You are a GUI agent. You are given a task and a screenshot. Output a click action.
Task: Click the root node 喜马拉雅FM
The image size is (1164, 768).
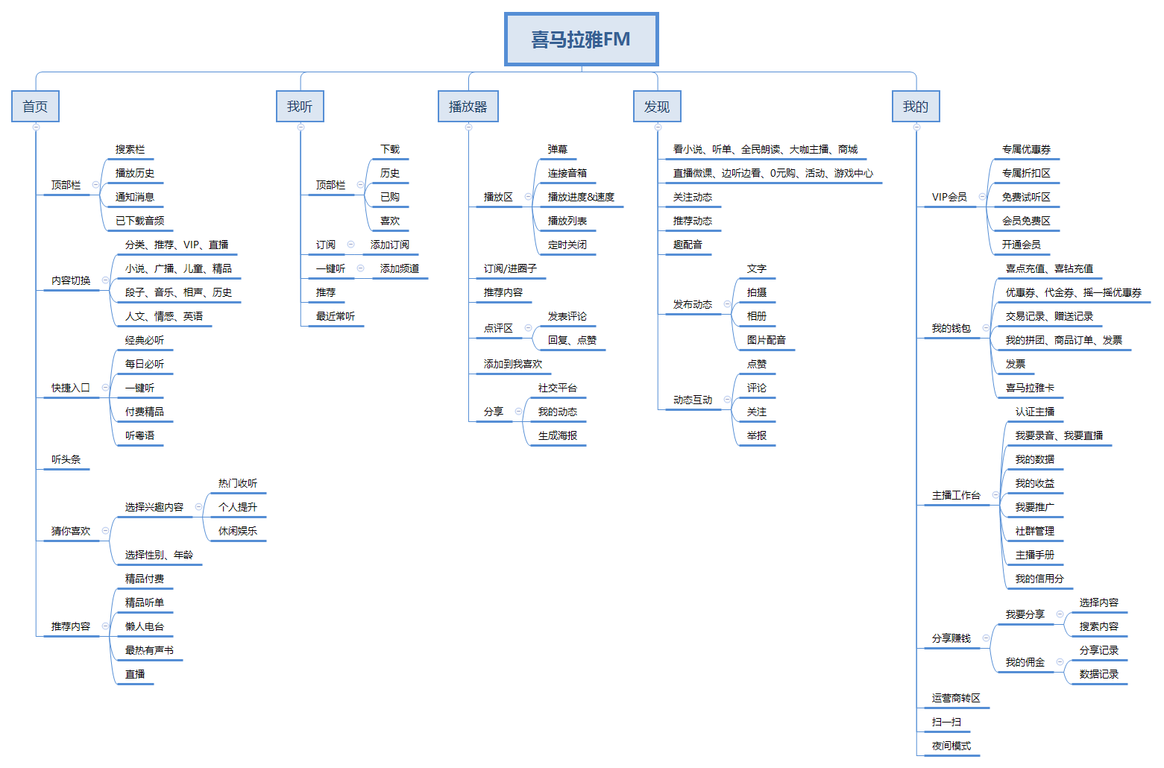point(581,40)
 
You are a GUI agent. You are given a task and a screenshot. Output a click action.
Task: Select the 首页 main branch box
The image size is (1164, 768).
point(35,107)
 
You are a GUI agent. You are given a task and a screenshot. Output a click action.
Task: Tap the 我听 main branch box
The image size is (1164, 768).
point(300,107)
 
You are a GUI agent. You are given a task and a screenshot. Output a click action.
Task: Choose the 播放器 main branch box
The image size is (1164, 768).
point(468,107)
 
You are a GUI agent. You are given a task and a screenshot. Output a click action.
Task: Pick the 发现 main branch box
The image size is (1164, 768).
point(657,107)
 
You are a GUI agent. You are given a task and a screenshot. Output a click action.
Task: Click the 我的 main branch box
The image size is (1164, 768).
point(916,107)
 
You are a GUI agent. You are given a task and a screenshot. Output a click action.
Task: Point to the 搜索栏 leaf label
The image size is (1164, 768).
point(130,150)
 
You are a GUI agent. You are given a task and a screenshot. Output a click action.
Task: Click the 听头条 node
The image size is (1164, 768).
point(66,460)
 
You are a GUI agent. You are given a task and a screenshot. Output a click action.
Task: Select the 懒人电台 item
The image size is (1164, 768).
point(145,627)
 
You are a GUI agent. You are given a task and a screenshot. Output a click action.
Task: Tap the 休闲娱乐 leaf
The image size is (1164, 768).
point(238,532)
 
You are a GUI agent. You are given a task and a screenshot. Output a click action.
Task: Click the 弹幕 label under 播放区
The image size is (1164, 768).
point(558,150)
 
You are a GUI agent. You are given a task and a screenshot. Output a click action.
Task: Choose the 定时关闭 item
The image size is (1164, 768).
point(567,245)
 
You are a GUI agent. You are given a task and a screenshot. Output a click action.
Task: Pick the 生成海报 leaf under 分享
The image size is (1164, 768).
point(558,436)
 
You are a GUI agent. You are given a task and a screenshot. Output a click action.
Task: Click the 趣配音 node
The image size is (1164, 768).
point(688,245)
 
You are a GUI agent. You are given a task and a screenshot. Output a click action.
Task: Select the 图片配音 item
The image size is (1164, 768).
point(767,341)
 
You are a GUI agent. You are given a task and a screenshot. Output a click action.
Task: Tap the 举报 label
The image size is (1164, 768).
point(757,436)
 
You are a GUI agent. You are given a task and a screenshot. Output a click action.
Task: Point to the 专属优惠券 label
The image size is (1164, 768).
point(1027,150)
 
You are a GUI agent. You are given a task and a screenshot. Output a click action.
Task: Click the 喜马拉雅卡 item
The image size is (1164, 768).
point(1030,388)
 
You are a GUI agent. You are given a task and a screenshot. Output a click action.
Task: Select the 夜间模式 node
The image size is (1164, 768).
point(951,746)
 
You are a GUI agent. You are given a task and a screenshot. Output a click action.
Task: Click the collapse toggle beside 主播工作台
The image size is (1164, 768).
point(996,495)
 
